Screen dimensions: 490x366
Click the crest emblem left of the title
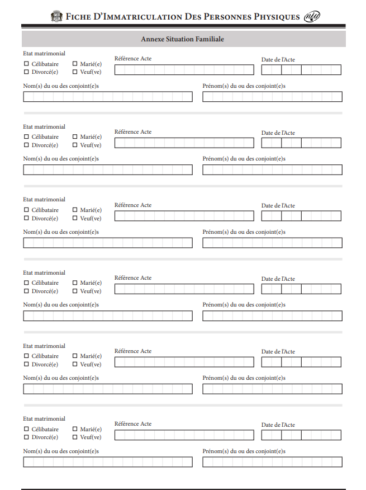(x=57, y=16)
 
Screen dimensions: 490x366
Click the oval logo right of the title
(x=312, y=16)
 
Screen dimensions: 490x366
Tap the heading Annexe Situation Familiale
(x=183, y=39)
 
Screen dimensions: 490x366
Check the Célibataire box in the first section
(x=26, y=64)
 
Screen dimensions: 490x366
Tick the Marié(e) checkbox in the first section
(x=75, y=64)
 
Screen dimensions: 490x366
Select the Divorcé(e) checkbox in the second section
(x=26, y=145)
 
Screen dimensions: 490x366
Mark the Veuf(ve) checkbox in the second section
(x=75, y=145)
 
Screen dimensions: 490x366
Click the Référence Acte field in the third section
(x=184, y=216)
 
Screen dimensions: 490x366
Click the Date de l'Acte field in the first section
(x=301, y=70)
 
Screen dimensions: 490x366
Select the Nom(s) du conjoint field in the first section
(x=108, y=97)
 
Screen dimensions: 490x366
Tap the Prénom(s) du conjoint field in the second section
(x=272, y=169)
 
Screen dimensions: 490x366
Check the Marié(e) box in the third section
(x=75, y=210)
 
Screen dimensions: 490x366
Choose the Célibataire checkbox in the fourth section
(x=26, y=282)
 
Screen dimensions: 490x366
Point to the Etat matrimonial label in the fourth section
(x=44, y=272)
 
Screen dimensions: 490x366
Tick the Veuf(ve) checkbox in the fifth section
(x=75, y=364)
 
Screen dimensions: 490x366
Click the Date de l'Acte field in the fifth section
(x=301, y=362)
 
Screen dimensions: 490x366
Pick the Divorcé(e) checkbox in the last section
(x=26, y=437)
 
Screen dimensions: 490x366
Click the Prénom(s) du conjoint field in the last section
(x=272, y=462)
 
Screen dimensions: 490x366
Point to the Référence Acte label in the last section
(x=133, y=424)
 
